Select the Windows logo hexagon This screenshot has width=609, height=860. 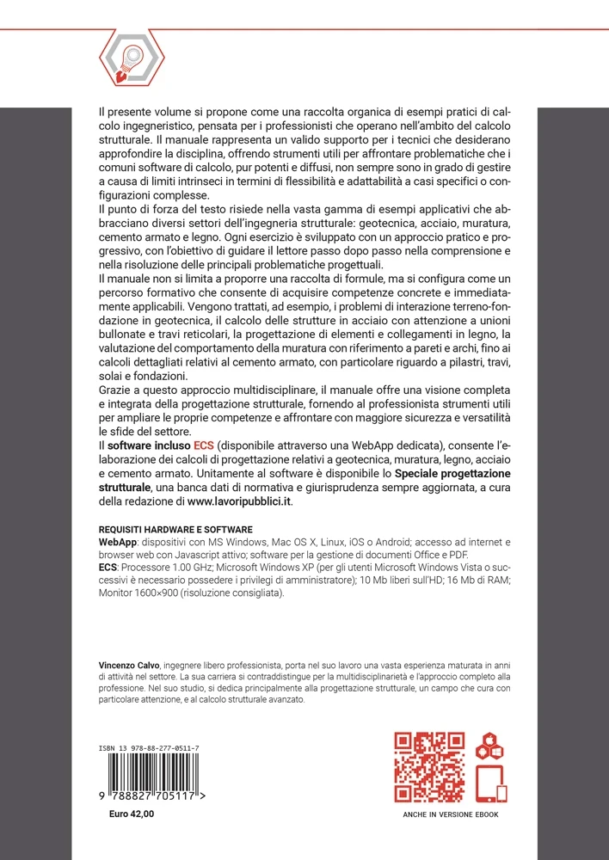pyautogui.click(x=496, y=752)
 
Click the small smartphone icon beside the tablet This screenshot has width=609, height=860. pyautogui.click(x=502, y=793)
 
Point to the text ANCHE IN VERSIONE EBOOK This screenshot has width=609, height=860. pyautogui.click(x=450, y=814)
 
